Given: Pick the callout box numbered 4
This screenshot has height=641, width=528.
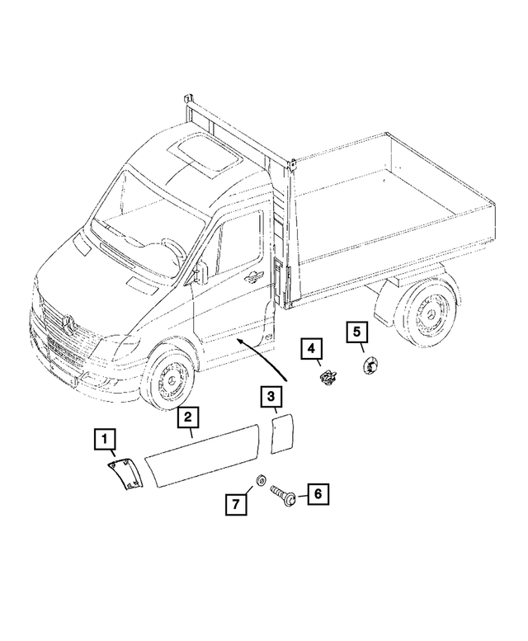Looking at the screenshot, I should (311, 351).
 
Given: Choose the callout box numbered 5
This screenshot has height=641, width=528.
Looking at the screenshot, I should (356, 333).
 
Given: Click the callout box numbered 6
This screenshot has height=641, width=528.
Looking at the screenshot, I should (318, 494).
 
